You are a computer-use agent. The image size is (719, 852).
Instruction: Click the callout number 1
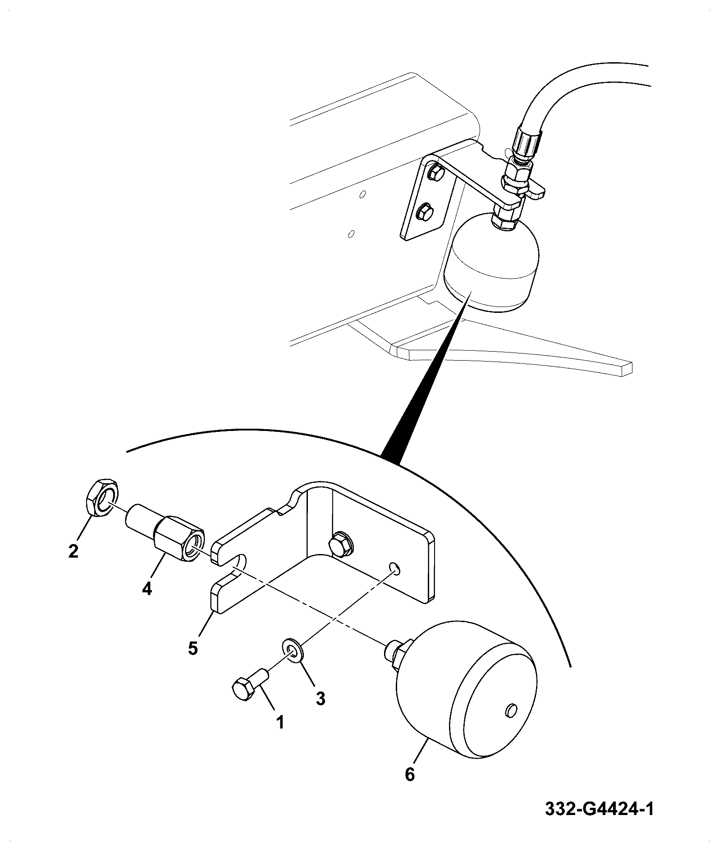click(x=280, y=723)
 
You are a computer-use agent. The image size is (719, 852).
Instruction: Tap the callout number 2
click(x=73, y=550)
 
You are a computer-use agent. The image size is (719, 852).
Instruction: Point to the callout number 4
click(x=147, y=588)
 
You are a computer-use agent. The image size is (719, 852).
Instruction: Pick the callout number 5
click(x=193, y=648)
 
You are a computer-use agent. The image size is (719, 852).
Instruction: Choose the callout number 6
click(x=409, y=774)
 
